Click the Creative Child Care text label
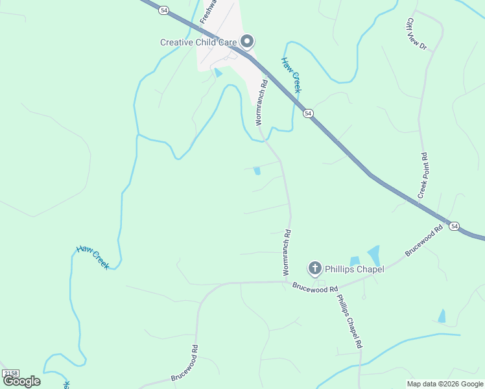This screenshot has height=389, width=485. click(x=199, y=42)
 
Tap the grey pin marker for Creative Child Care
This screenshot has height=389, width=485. click(x=246, y=42)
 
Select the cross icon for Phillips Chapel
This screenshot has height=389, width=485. click(x=314, y=268)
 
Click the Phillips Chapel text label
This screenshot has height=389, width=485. click(x=355, y=269)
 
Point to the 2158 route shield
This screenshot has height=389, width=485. click(x=10, y=373)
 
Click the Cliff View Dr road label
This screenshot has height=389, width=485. click(x=417, y=34)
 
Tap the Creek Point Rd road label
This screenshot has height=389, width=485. click(x=424, y=176)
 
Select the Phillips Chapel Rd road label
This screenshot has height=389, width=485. click(x=348, y=322)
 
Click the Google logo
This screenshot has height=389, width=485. click(x=22, y=381)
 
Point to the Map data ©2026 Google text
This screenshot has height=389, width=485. click(x=445, y=384)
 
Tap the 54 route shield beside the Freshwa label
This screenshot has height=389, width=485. click(x=165, y=10)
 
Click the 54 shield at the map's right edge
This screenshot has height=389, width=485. click(x=455, y=226)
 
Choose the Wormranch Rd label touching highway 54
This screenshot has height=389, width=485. click(x=261, y=102)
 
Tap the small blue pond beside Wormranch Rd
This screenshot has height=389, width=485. click(x=257, y=171)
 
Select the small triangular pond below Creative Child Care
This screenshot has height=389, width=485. click(x=219, y=73)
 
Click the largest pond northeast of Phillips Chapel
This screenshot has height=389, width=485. click(x=374, y=255)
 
